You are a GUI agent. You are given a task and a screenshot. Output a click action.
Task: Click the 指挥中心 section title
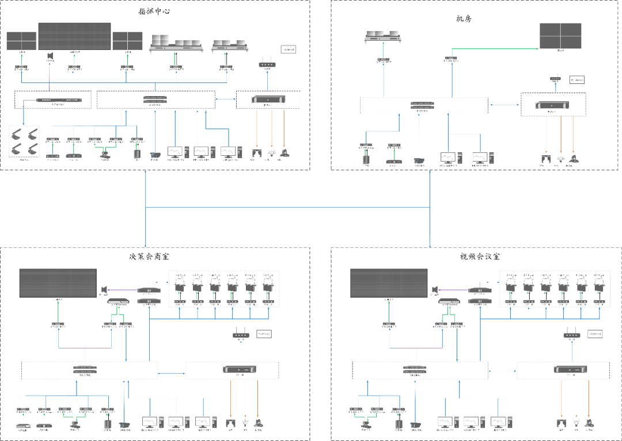tap(154, 11)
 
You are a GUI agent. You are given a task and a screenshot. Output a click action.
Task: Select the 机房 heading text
tap(463, 20)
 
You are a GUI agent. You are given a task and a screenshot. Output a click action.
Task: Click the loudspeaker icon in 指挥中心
tap(50, 56)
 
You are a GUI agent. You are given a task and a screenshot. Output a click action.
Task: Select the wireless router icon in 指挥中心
tap(266, 64)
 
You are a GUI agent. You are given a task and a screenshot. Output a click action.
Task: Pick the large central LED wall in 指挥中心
tap(74, 36)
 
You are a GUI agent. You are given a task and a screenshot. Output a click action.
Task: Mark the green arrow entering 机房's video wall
tap(495, 49)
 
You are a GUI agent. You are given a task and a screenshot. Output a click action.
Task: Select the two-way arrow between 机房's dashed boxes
tap(504, 105)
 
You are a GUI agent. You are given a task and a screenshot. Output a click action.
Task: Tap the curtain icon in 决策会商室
tap(231, 423)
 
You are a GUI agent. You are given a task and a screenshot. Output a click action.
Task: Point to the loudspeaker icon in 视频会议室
tap(435, 289)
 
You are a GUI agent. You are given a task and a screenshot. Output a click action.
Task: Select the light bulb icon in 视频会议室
tap(575, 423)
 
